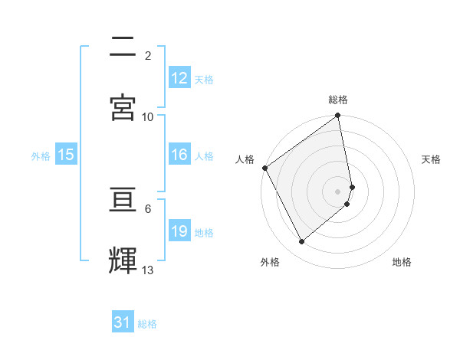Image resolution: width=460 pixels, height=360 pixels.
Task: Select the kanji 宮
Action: [x=123, y=108]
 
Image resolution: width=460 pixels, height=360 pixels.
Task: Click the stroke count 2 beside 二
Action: [x=148, y=56]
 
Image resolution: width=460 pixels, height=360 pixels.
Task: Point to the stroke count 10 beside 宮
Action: [x=148, y=117]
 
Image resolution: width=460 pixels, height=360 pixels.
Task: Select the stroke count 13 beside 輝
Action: [x=148, y=270]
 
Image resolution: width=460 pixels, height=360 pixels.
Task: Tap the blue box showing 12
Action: [x=179, y=78]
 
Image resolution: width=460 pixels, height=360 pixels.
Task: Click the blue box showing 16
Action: [x=179, y=155]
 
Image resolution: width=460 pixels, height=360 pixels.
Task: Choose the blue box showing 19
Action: [x=179, y=231]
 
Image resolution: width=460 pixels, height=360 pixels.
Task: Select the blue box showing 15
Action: [x=66, y=155]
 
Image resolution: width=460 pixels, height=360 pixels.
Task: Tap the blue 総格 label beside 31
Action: [x=147, y=324]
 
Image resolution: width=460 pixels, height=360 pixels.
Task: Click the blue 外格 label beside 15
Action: [x=41, y=155]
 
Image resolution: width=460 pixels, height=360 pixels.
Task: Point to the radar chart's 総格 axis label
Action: [x=338, y=100]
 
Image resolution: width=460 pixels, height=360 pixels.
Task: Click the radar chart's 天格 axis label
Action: [x=432, y=159]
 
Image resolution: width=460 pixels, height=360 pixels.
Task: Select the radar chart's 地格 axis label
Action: [x=402, y=262]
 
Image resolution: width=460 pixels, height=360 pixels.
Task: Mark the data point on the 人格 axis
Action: [x=265, y=168]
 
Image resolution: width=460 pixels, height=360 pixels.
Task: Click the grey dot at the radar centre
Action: [x=338, y=191]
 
